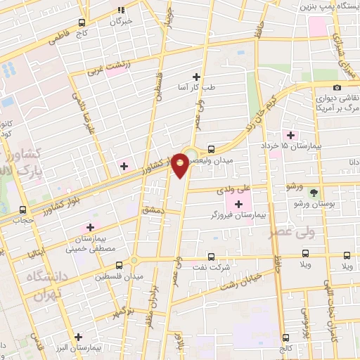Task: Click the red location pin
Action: point(181,165)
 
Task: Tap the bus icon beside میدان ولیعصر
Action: point(212,149)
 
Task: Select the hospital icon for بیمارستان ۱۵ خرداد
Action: point(290,135)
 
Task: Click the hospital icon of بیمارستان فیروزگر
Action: point(238,205)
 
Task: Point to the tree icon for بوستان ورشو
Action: point(314,192)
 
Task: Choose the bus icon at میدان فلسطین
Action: point(118,265)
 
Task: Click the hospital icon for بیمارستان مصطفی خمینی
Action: point(89,228)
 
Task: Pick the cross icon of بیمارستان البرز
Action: point(79,337)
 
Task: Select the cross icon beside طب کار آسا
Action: point(196,77)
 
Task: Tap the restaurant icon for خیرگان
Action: point(121,11)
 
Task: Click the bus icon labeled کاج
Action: point(82,22)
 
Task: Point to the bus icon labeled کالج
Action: point(285,337)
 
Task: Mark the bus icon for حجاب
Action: point(23,210)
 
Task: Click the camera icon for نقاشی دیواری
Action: point(337,87)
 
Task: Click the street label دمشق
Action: point(151,210)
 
